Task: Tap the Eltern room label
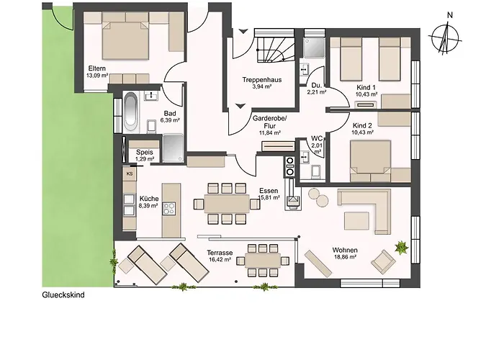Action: [x=96, y=68]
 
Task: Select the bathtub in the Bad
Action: [x=130, y=111]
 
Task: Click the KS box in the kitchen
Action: [x=130, y=174]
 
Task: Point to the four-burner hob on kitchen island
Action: [x=169, y=208]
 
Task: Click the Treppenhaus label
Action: [x=262, y=80]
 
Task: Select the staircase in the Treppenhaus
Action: [x=276, y=48]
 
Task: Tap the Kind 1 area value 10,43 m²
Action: [x=366, y=94]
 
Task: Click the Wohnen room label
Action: [x=345, y=250]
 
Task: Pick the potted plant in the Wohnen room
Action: [x=402, y=248]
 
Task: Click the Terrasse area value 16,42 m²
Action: [x=220, y=259]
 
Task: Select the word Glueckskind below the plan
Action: [x=63, y=294]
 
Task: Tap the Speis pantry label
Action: [x=144, y=153]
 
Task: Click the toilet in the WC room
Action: [x=316, y=171]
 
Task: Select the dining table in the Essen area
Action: [x=227, y=204]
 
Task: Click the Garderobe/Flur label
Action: [x=269, y=122]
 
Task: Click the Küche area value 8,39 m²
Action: [x=148, y=206]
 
